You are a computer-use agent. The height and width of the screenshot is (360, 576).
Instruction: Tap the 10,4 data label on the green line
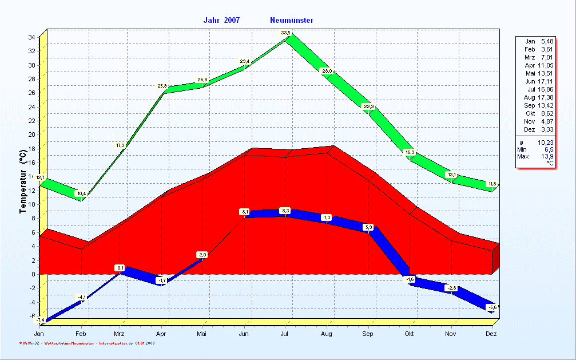(x=81, y=193)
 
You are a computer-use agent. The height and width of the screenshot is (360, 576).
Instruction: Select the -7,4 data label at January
(x=39, y=320)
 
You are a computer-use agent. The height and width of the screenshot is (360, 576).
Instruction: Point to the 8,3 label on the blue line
(x=285, y=211)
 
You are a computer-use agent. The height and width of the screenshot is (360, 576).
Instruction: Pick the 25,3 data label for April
(x=162, y=86)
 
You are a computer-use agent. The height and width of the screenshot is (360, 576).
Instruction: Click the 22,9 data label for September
(x=368, y=106)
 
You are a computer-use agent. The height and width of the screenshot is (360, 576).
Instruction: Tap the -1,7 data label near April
(x=162, y=280)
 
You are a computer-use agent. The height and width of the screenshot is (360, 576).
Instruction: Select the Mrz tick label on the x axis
(x=119, y=334)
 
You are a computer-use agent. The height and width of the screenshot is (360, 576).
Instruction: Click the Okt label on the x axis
(x=410, y=334)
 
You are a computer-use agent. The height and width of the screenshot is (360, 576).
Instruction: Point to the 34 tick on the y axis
(x=32, y=37)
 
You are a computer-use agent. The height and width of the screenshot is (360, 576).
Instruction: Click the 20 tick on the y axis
(x=32, y=134)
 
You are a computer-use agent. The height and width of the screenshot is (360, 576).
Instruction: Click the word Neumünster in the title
(x=292, y=21)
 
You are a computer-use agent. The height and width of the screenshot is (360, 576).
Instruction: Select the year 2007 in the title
(x=232, y=21)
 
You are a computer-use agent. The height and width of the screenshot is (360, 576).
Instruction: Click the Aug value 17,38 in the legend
(x=546, y=97)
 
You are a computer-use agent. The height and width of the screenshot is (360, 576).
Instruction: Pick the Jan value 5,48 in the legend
(x=547, y=41)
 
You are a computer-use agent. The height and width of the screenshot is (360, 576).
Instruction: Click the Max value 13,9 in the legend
(x=548, y=156)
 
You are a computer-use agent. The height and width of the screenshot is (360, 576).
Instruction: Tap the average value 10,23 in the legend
(x=546, y=142)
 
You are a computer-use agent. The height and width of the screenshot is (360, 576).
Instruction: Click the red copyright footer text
(x=86, y=343)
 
